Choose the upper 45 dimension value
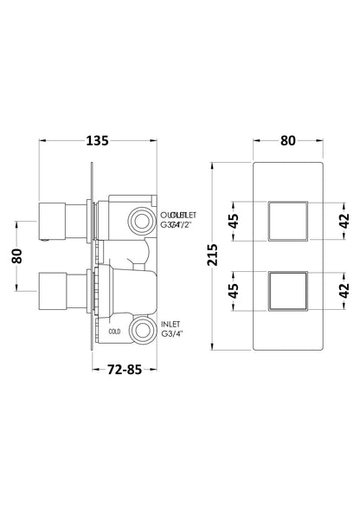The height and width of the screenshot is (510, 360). pos(233,220)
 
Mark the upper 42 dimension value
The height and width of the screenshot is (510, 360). pos(343,220)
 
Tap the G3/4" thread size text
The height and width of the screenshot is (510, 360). pos(173,332)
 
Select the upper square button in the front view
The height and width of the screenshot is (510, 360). pos(288,220)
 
